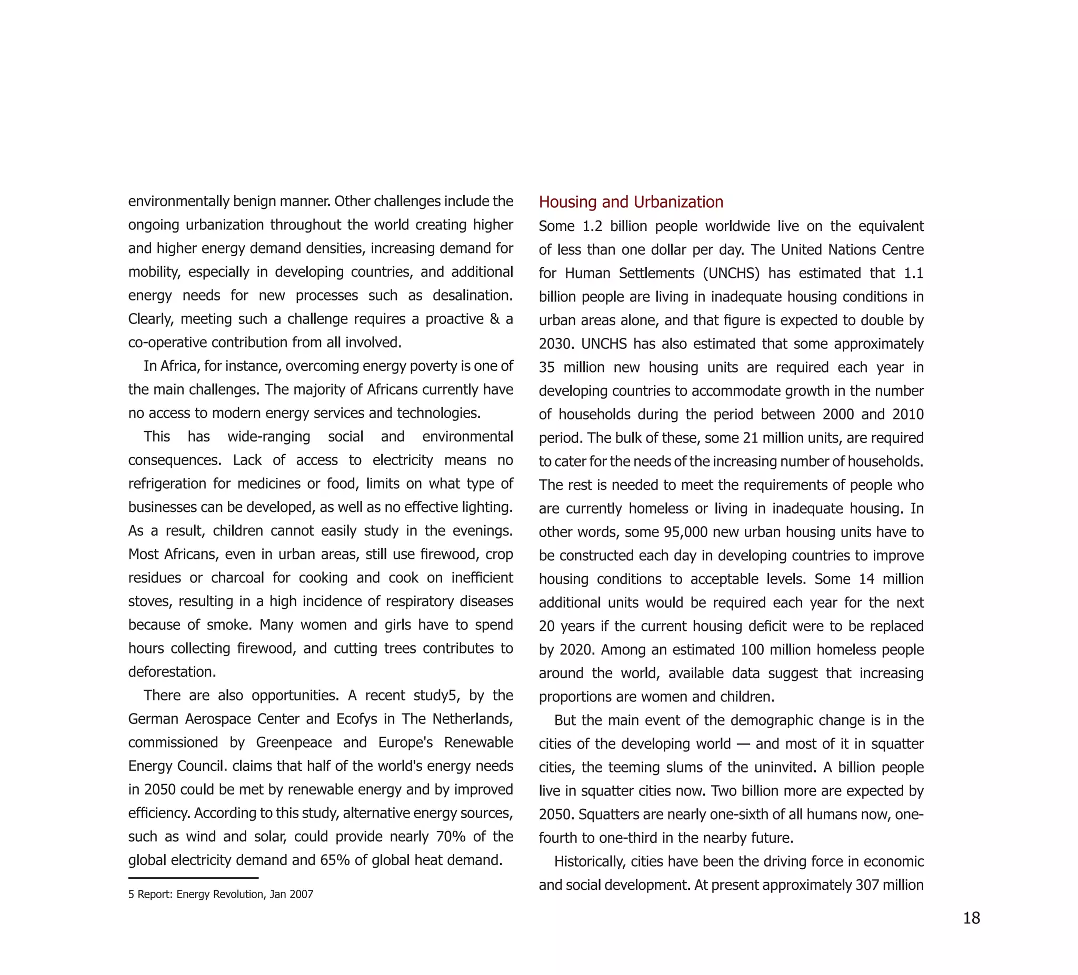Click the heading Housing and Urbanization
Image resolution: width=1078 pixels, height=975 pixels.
pos(631,202)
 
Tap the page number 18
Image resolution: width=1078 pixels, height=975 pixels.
pos(971,918)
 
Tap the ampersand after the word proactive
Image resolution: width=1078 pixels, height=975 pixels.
pos(494,319)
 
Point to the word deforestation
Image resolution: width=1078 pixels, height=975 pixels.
pos(172,672)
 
